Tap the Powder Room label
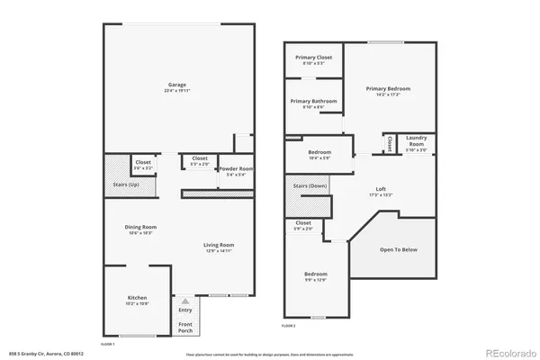click(x=235, y=169)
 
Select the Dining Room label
click(x=142, y=227)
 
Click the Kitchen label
click(x=137, y=298)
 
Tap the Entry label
click(x=185, y=310)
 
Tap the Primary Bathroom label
click(x=314, y=101)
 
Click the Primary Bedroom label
click(x=388, y=88)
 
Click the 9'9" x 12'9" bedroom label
click(x=315, y=274)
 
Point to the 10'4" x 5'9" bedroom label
click(x=319, y=153)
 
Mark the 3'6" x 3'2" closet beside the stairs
click(x=144, y=163)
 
